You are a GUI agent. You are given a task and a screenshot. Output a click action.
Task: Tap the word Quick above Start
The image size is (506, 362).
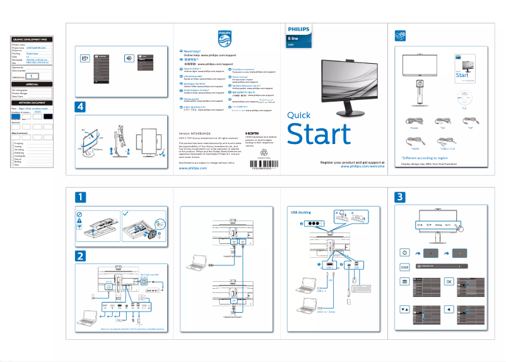(298, 115)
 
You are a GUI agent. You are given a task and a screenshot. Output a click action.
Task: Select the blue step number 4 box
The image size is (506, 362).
(80, 107)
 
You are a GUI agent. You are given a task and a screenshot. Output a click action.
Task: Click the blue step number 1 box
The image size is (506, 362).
(80, 198)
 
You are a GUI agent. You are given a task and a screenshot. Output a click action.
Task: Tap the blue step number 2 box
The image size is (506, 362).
(80, 256)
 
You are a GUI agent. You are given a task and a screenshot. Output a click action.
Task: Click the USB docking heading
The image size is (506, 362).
(300, 212)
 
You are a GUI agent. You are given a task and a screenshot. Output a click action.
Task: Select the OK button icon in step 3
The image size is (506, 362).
(449, 281)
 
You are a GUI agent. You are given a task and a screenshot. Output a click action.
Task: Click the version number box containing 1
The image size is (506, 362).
(35, 75)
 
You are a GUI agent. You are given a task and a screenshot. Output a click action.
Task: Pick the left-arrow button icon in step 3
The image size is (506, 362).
(449, 310)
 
